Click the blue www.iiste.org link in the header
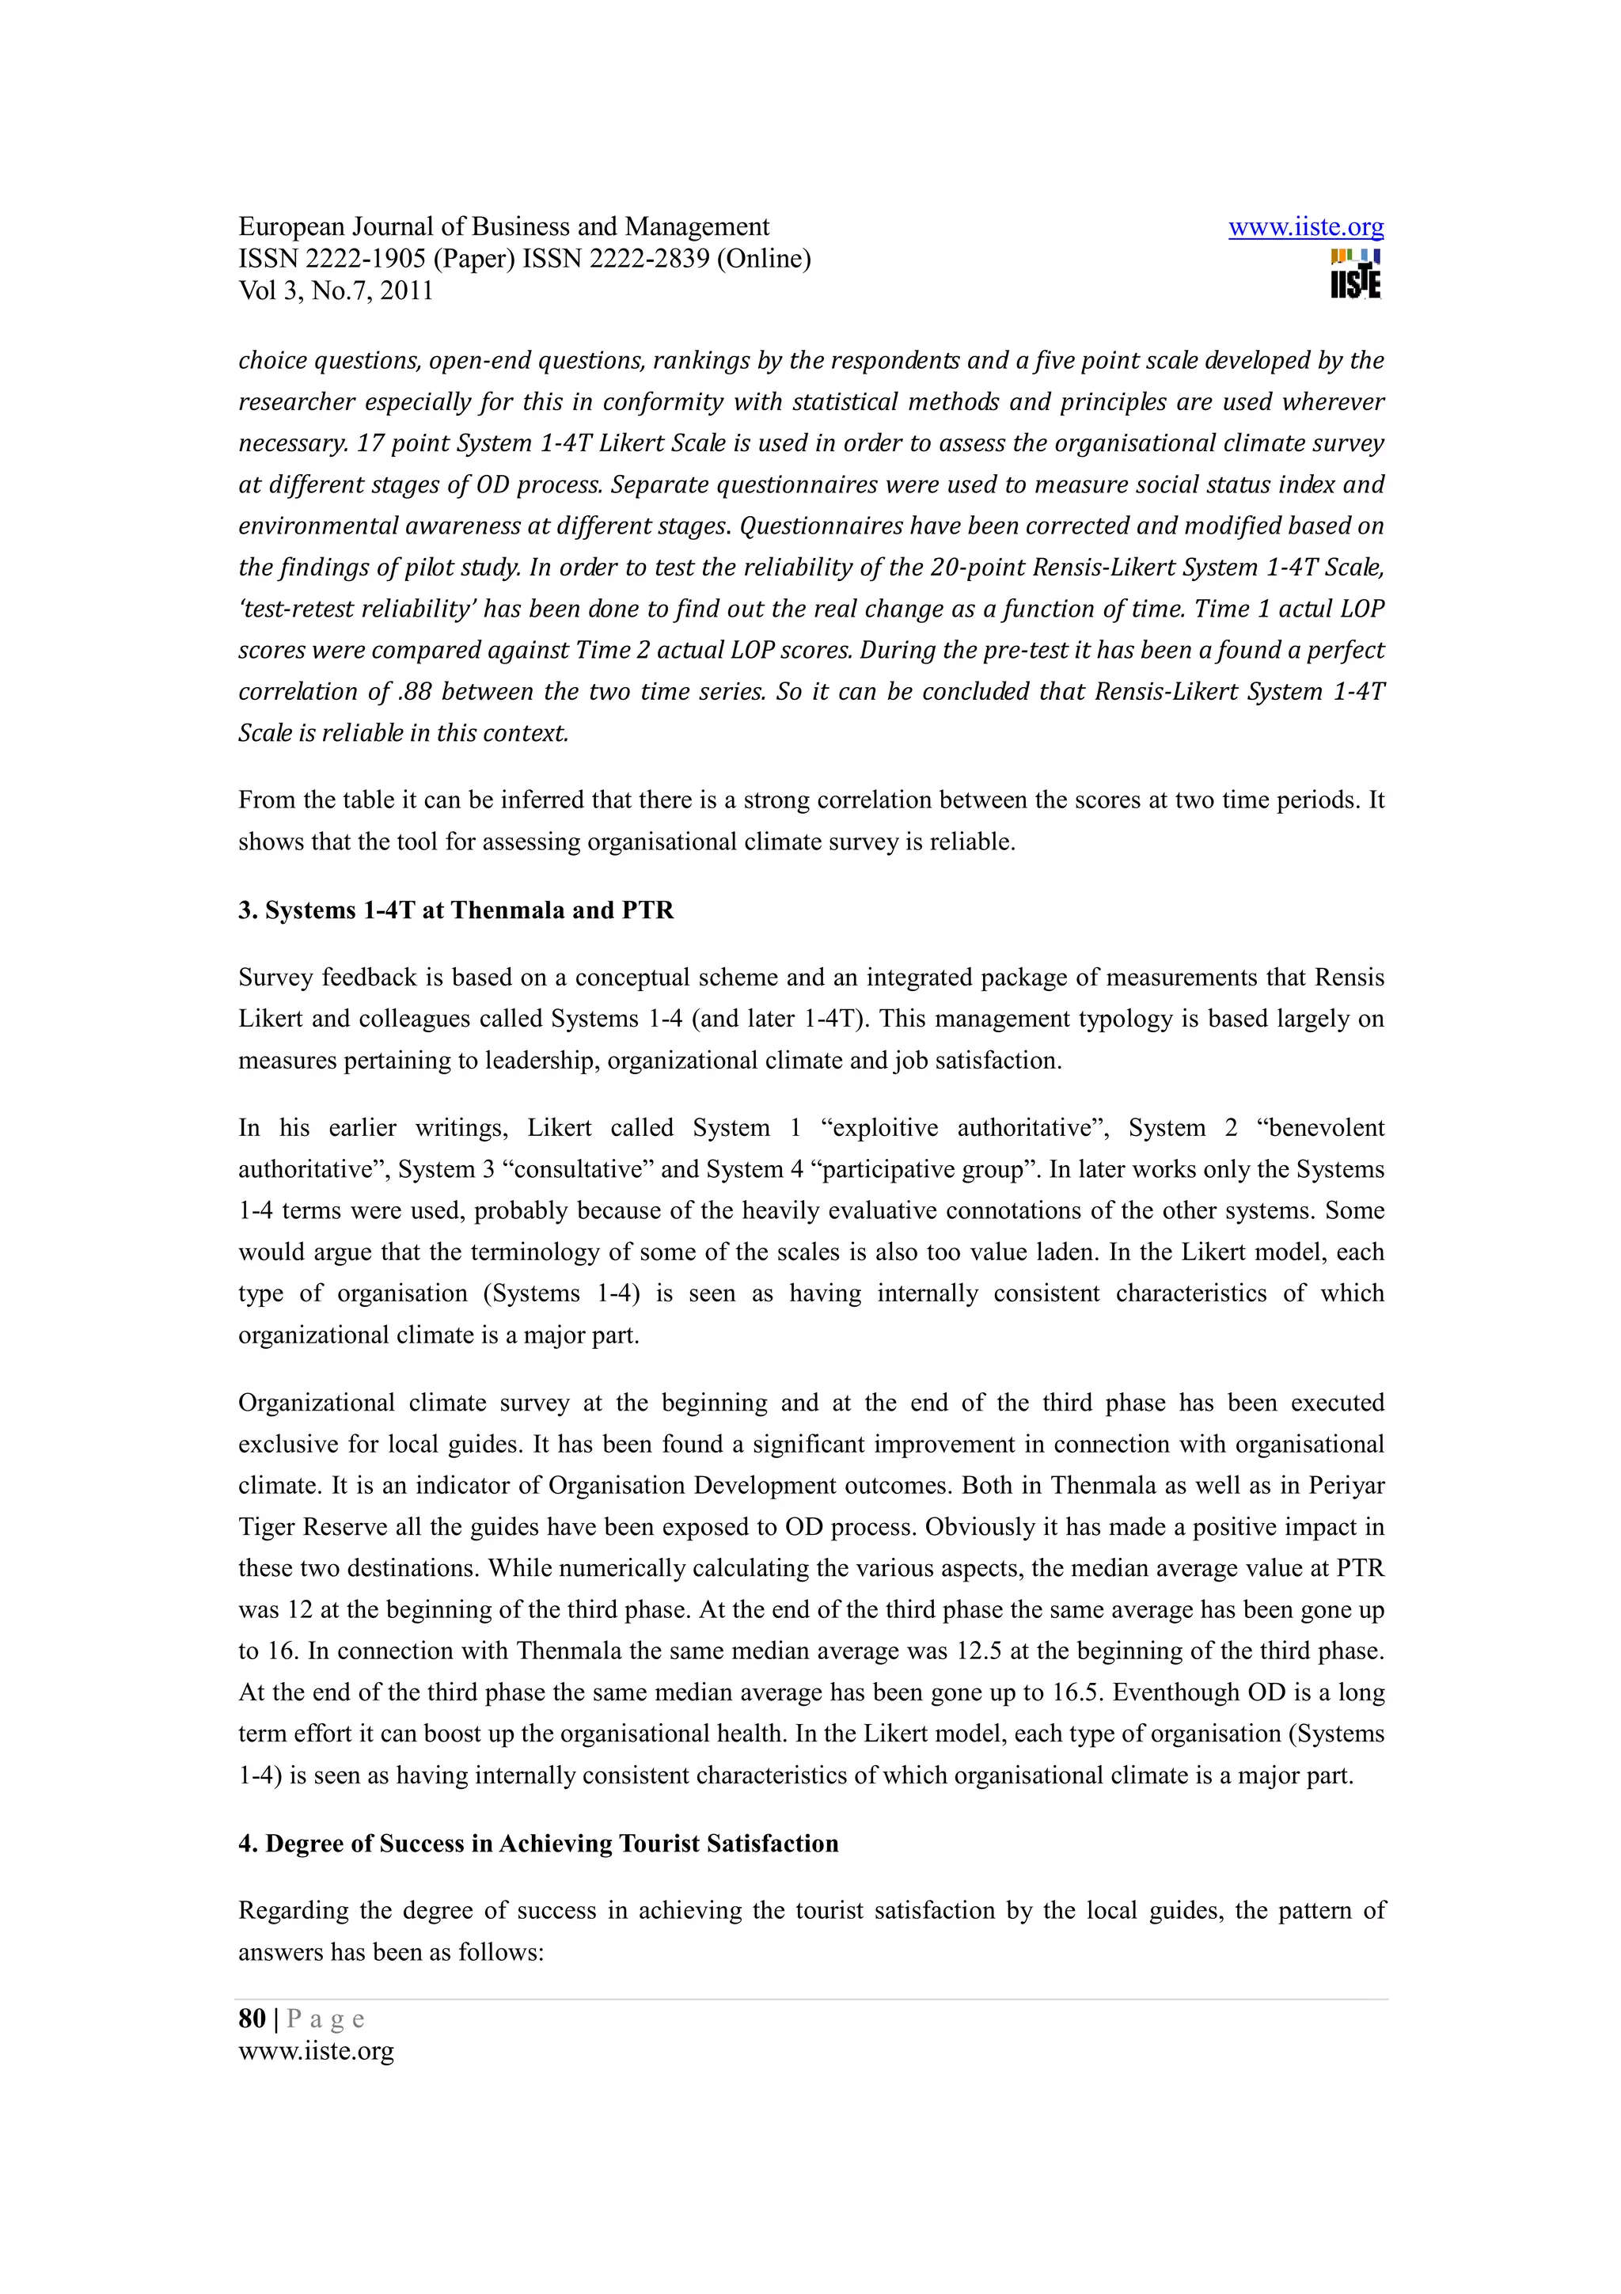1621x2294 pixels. [x=1305, y=228]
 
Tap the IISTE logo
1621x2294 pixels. [x=1355, y=274]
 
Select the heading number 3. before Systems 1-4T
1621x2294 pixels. [x=248, y=910]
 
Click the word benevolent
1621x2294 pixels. [x=1320, y=1128]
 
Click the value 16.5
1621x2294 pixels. [x=1078, y=1692]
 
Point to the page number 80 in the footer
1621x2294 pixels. [x=252, y=2019]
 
